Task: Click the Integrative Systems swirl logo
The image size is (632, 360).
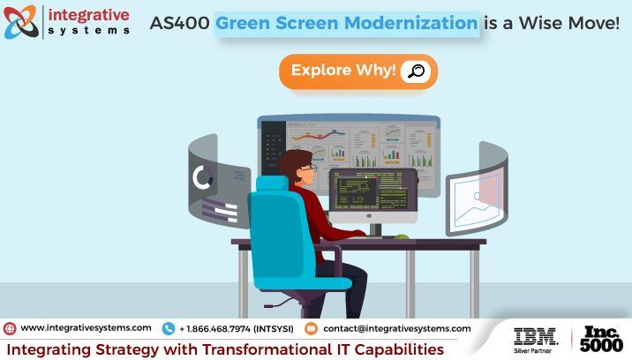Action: coord(21,22)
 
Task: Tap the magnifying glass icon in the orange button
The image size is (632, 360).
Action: coord(416,71)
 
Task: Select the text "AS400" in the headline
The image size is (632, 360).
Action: coord(179,23)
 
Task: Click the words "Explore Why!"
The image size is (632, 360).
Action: coord(343,70)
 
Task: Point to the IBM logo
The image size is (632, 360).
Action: coord(536,336)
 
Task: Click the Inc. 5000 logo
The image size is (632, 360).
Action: coord(601,339)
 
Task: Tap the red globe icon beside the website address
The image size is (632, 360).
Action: coord(10,328)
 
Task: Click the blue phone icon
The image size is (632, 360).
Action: coord(168,328)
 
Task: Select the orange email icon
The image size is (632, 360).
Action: coord(311,328)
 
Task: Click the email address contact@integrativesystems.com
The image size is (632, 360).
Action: coord(397,328)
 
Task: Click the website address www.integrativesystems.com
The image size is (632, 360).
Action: coord(86,328)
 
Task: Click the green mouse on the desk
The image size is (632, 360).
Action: coord(402,236)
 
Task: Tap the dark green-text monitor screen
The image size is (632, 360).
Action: coord(372,190)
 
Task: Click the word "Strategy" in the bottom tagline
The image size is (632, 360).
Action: coord(127,350)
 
